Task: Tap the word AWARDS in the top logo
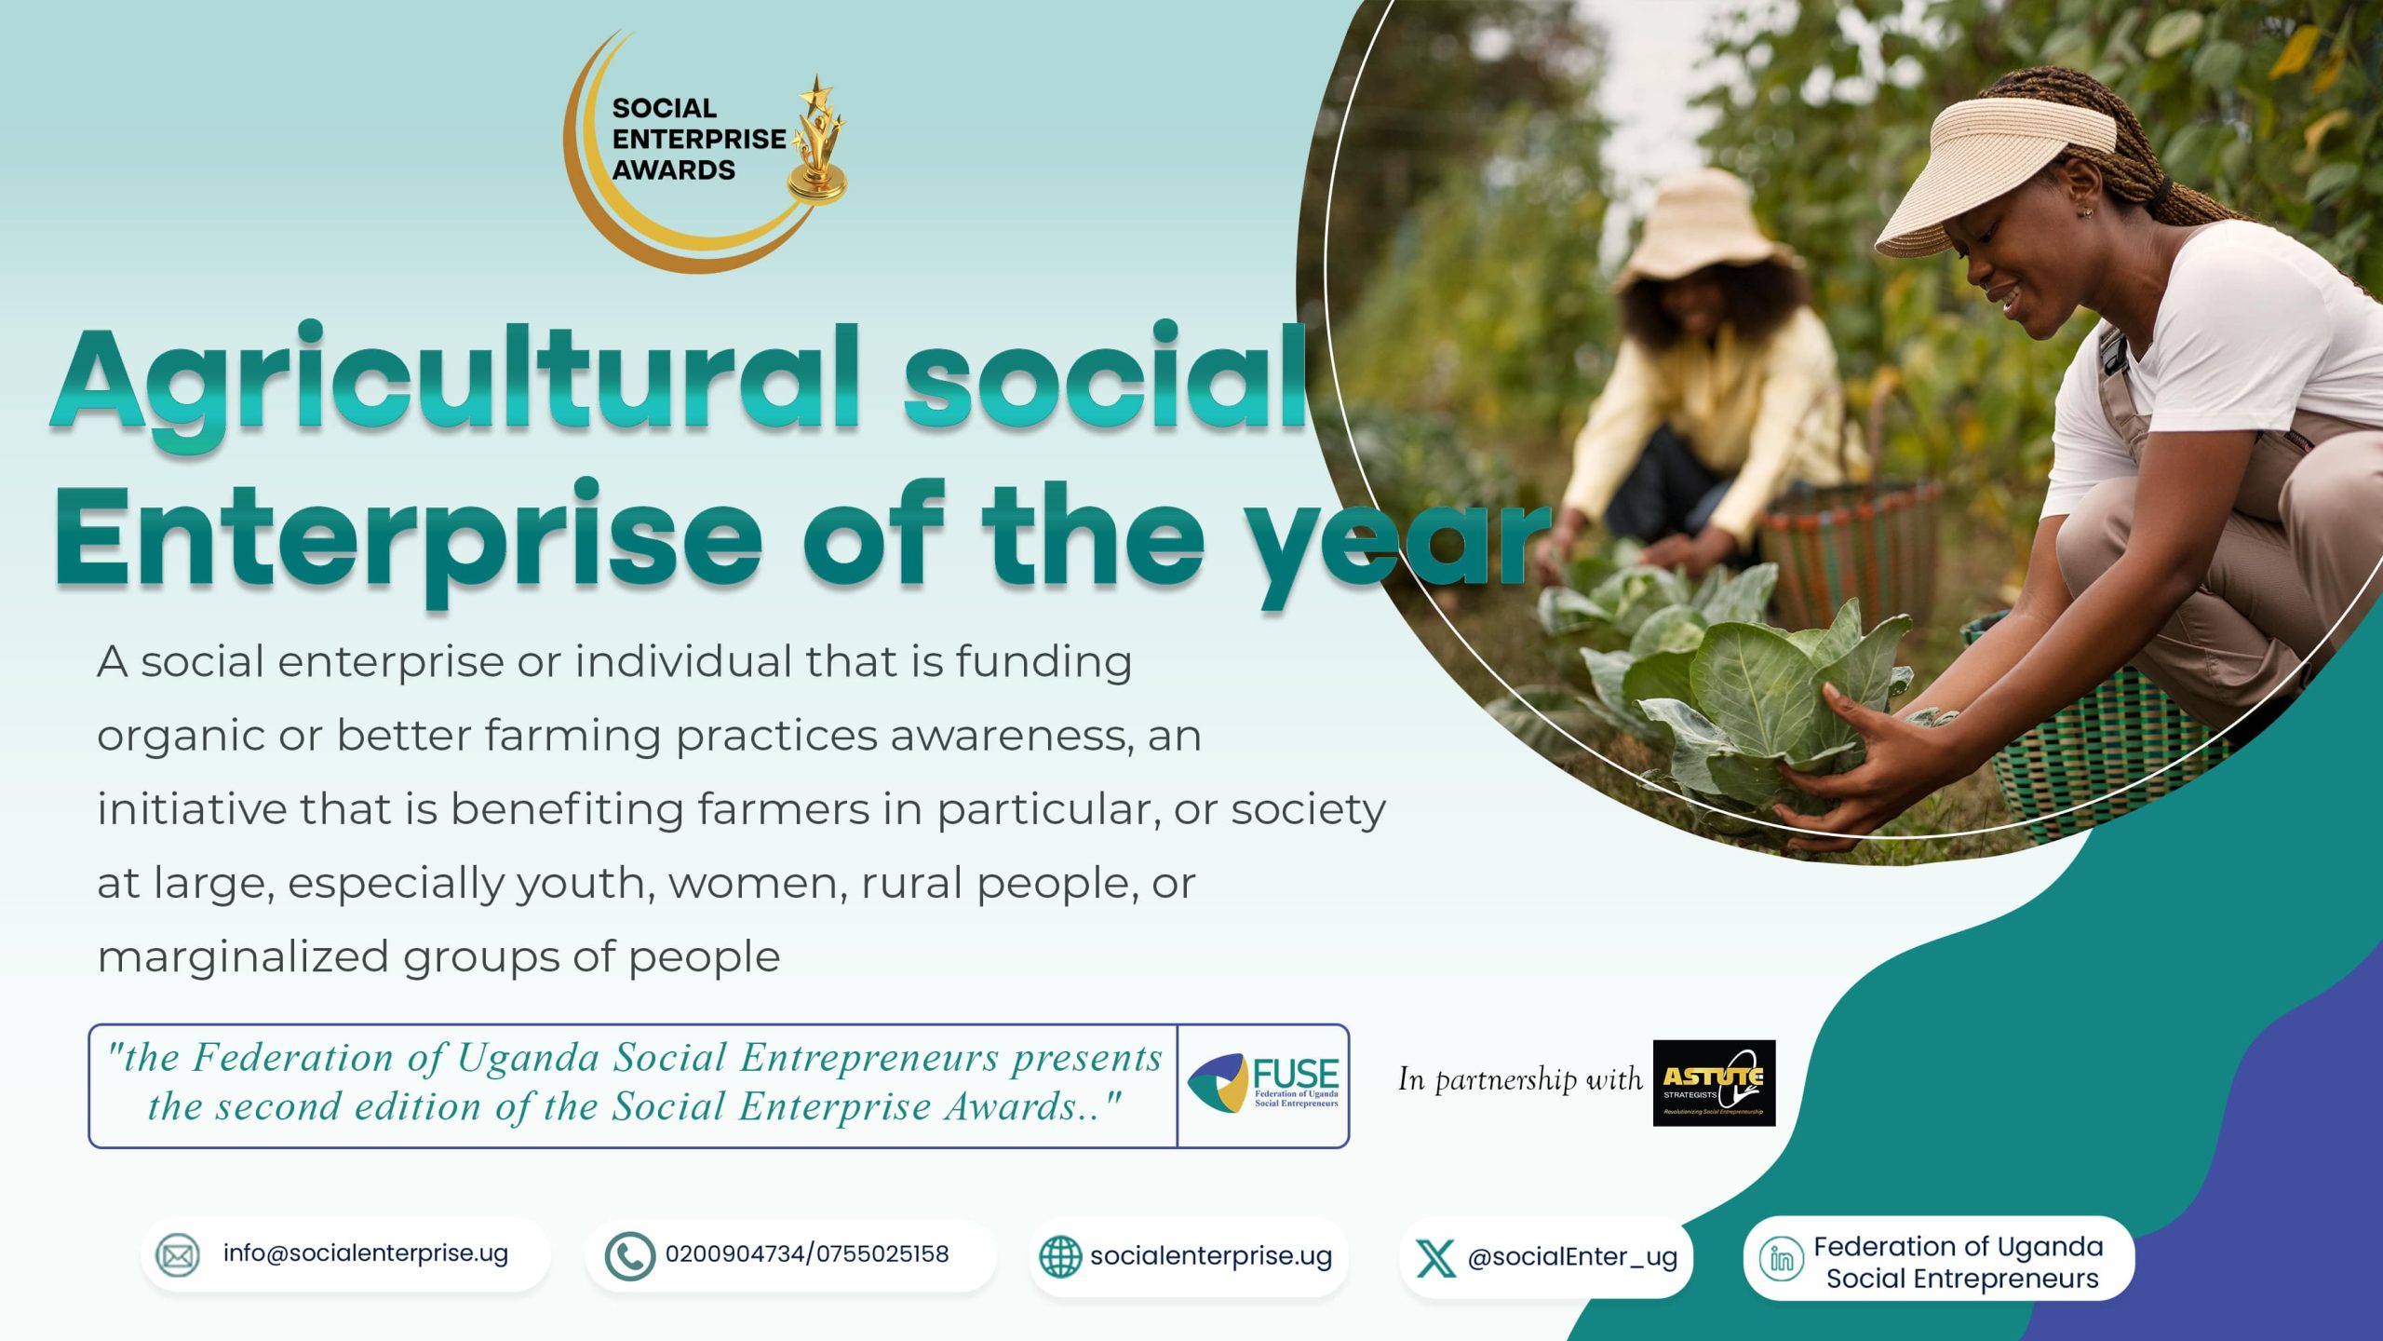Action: (x=673, y=170)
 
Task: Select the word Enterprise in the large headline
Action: (x=408, y=540)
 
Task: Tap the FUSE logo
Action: (x=1262, y=1085)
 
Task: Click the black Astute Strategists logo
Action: (x=1714, y=1083)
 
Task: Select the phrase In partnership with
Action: (x=1520, y=1079)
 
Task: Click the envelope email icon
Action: (x=177, y=1255)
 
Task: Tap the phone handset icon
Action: (x=629, y=1256)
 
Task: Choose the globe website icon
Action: (x=1059, y=1256)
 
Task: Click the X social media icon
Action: (x=1434, y=1258)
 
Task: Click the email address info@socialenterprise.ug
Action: (x=366, y=1253)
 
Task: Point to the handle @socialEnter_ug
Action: (x=1572, y=1258)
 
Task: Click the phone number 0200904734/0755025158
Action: (x=807, y=1254)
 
